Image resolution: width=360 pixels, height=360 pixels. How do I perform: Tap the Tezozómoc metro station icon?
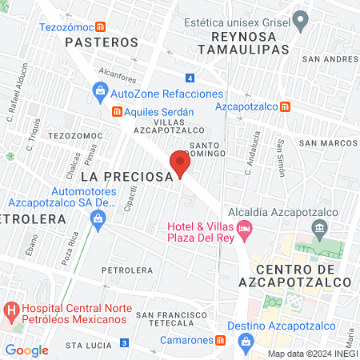coord(98,26)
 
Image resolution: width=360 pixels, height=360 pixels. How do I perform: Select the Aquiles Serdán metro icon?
coord(116,111)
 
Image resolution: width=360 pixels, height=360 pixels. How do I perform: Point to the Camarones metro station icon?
coord(220,339)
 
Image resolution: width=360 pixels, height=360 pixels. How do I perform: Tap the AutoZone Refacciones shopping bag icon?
coord(100,94)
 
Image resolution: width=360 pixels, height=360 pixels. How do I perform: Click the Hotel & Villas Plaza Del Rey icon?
coord(245,230)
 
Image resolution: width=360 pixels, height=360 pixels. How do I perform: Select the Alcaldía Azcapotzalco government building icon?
coord(319,230)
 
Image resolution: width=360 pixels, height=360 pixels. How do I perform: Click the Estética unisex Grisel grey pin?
coord(301,20)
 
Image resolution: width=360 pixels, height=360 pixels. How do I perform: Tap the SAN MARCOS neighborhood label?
coord(327,142)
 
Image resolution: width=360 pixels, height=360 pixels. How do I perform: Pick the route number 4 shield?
coord(189,78)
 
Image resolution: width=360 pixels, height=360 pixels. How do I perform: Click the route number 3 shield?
coord(124,343)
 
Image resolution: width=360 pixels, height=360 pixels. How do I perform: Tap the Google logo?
coord(27,350)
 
